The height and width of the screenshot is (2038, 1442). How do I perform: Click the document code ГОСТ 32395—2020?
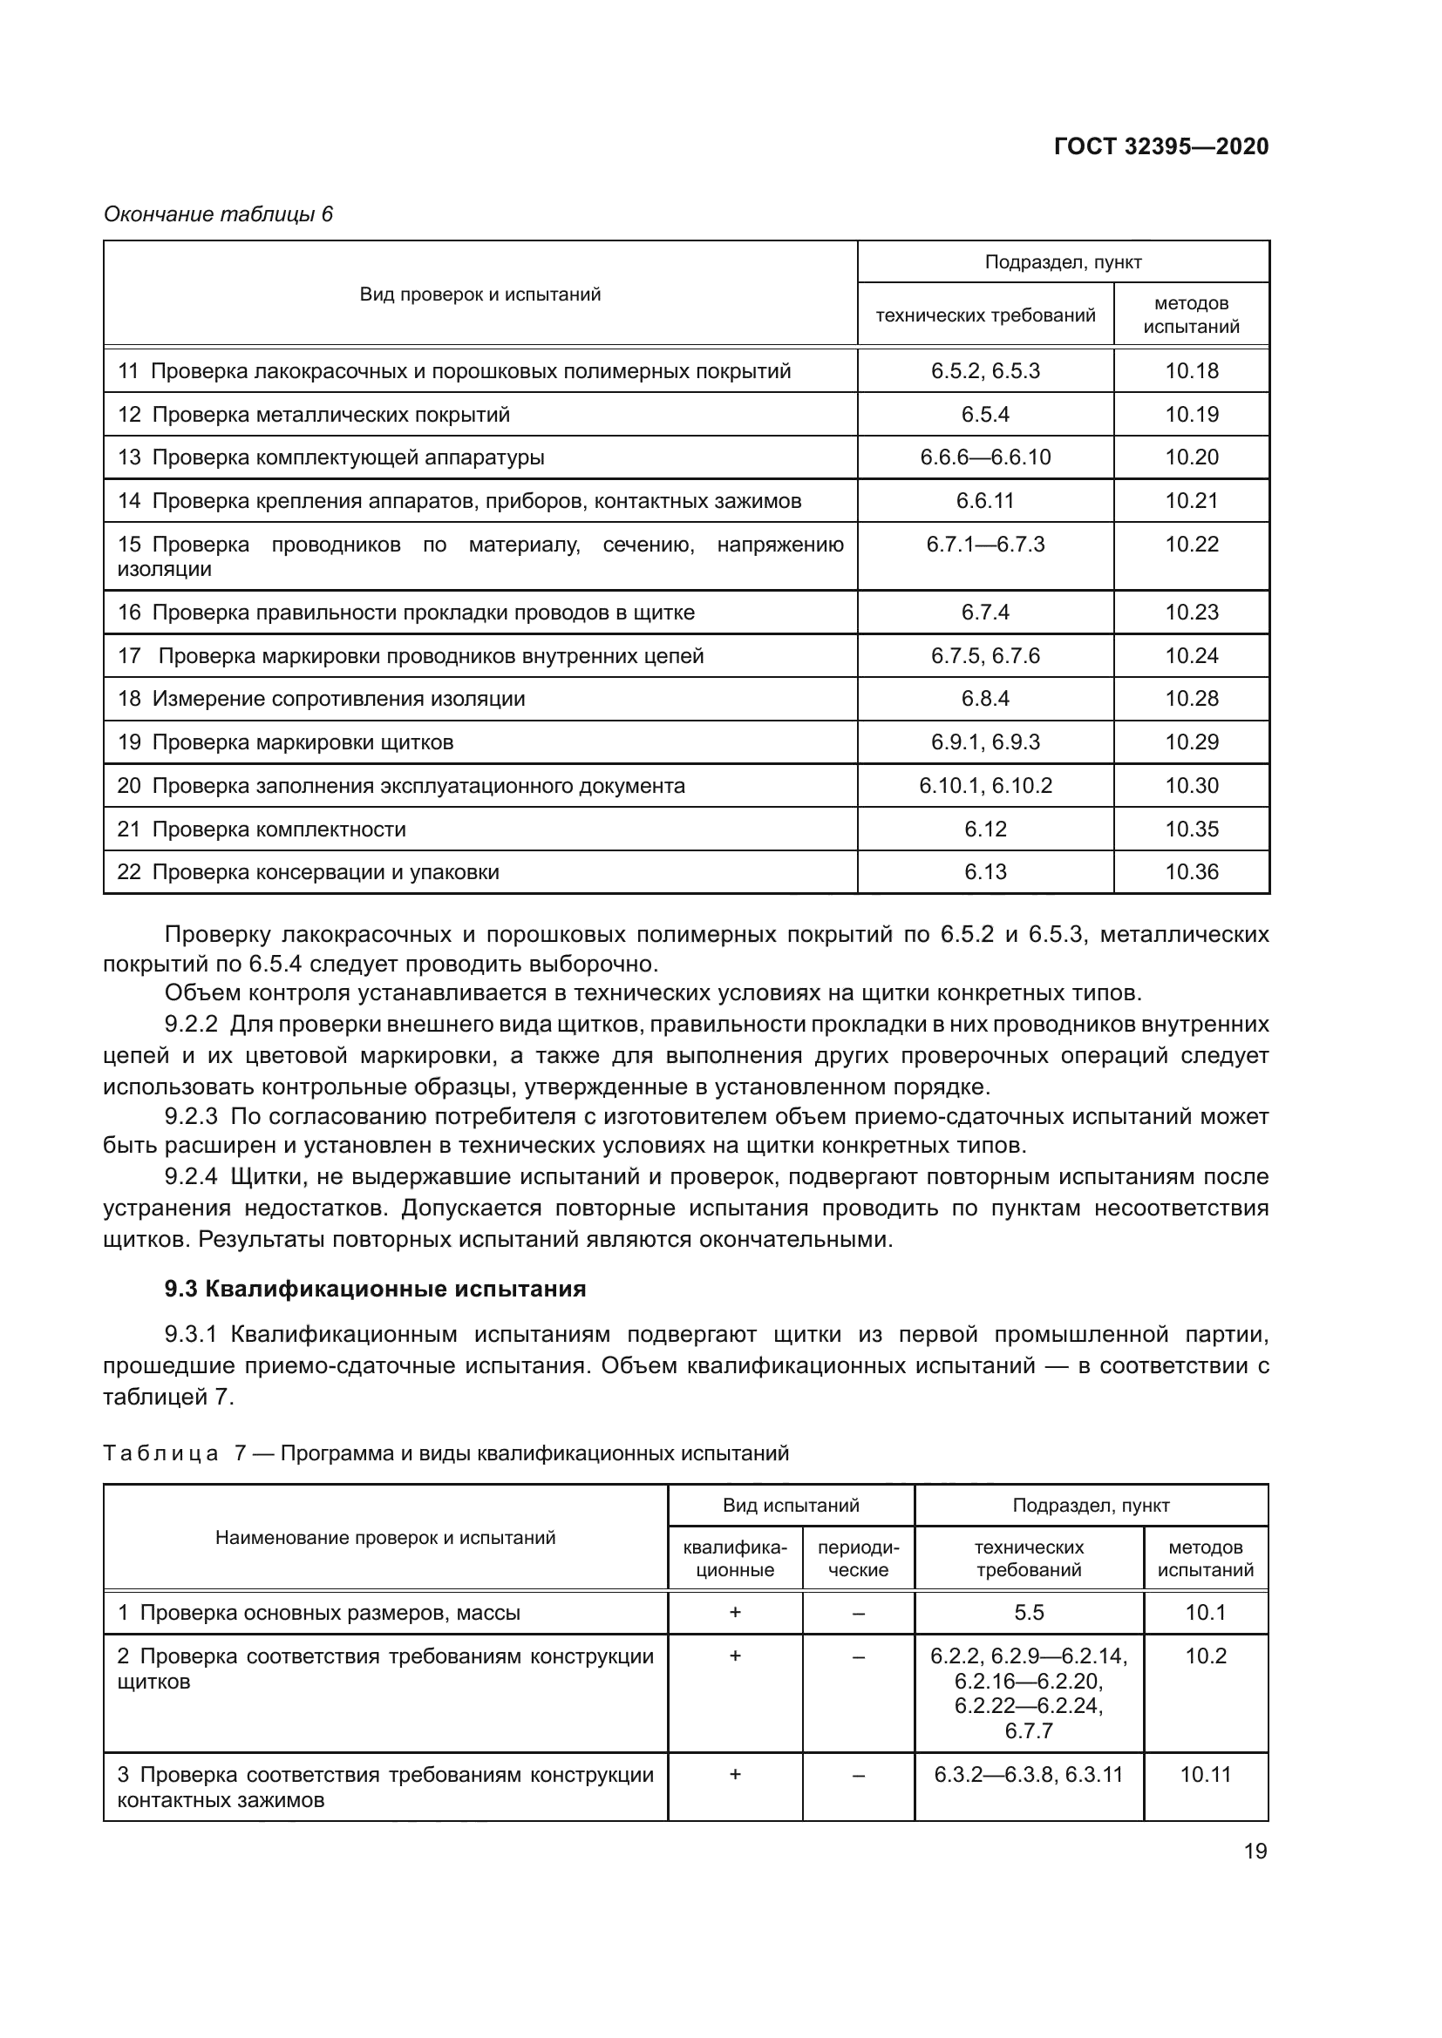[1160, 146]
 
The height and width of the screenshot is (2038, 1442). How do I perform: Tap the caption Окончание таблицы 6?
[218, 214]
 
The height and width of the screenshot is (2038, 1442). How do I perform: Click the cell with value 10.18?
[1192, 371]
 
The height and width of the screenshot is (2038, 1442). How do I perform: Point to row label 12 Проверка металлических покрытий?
[314, 415]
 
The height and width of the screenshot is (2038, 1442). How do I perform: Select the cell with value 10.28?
[1192, 699]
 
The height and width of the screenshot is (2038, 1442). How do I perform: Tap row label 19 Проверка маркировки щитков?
[285, 742]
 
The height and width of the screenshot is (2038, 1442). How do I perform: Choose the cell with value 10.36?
[1192, 871]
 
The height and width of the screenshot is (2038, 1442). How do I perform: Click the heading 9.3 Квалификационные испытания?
[375, 1289]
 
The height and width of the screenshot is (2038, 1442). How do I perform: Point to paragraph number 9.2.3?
[191, 1116]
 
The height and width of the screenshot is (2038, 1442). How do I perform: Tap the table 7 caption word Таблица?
[160, 1454]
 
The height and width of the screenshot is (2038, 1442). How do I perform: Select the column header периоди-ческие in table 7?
[858, 1559]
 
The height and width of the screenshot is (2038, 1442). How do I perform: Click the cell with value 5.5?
[1028, 1613]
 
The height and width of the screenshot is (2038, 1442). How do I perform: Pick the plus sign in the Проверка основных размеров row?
[734, 1613]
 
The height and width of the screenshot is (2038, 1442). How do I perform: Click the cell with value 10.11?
[1205, 1774]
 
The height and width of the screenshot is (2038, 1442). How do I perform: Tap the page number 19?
[1255, 1852]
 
